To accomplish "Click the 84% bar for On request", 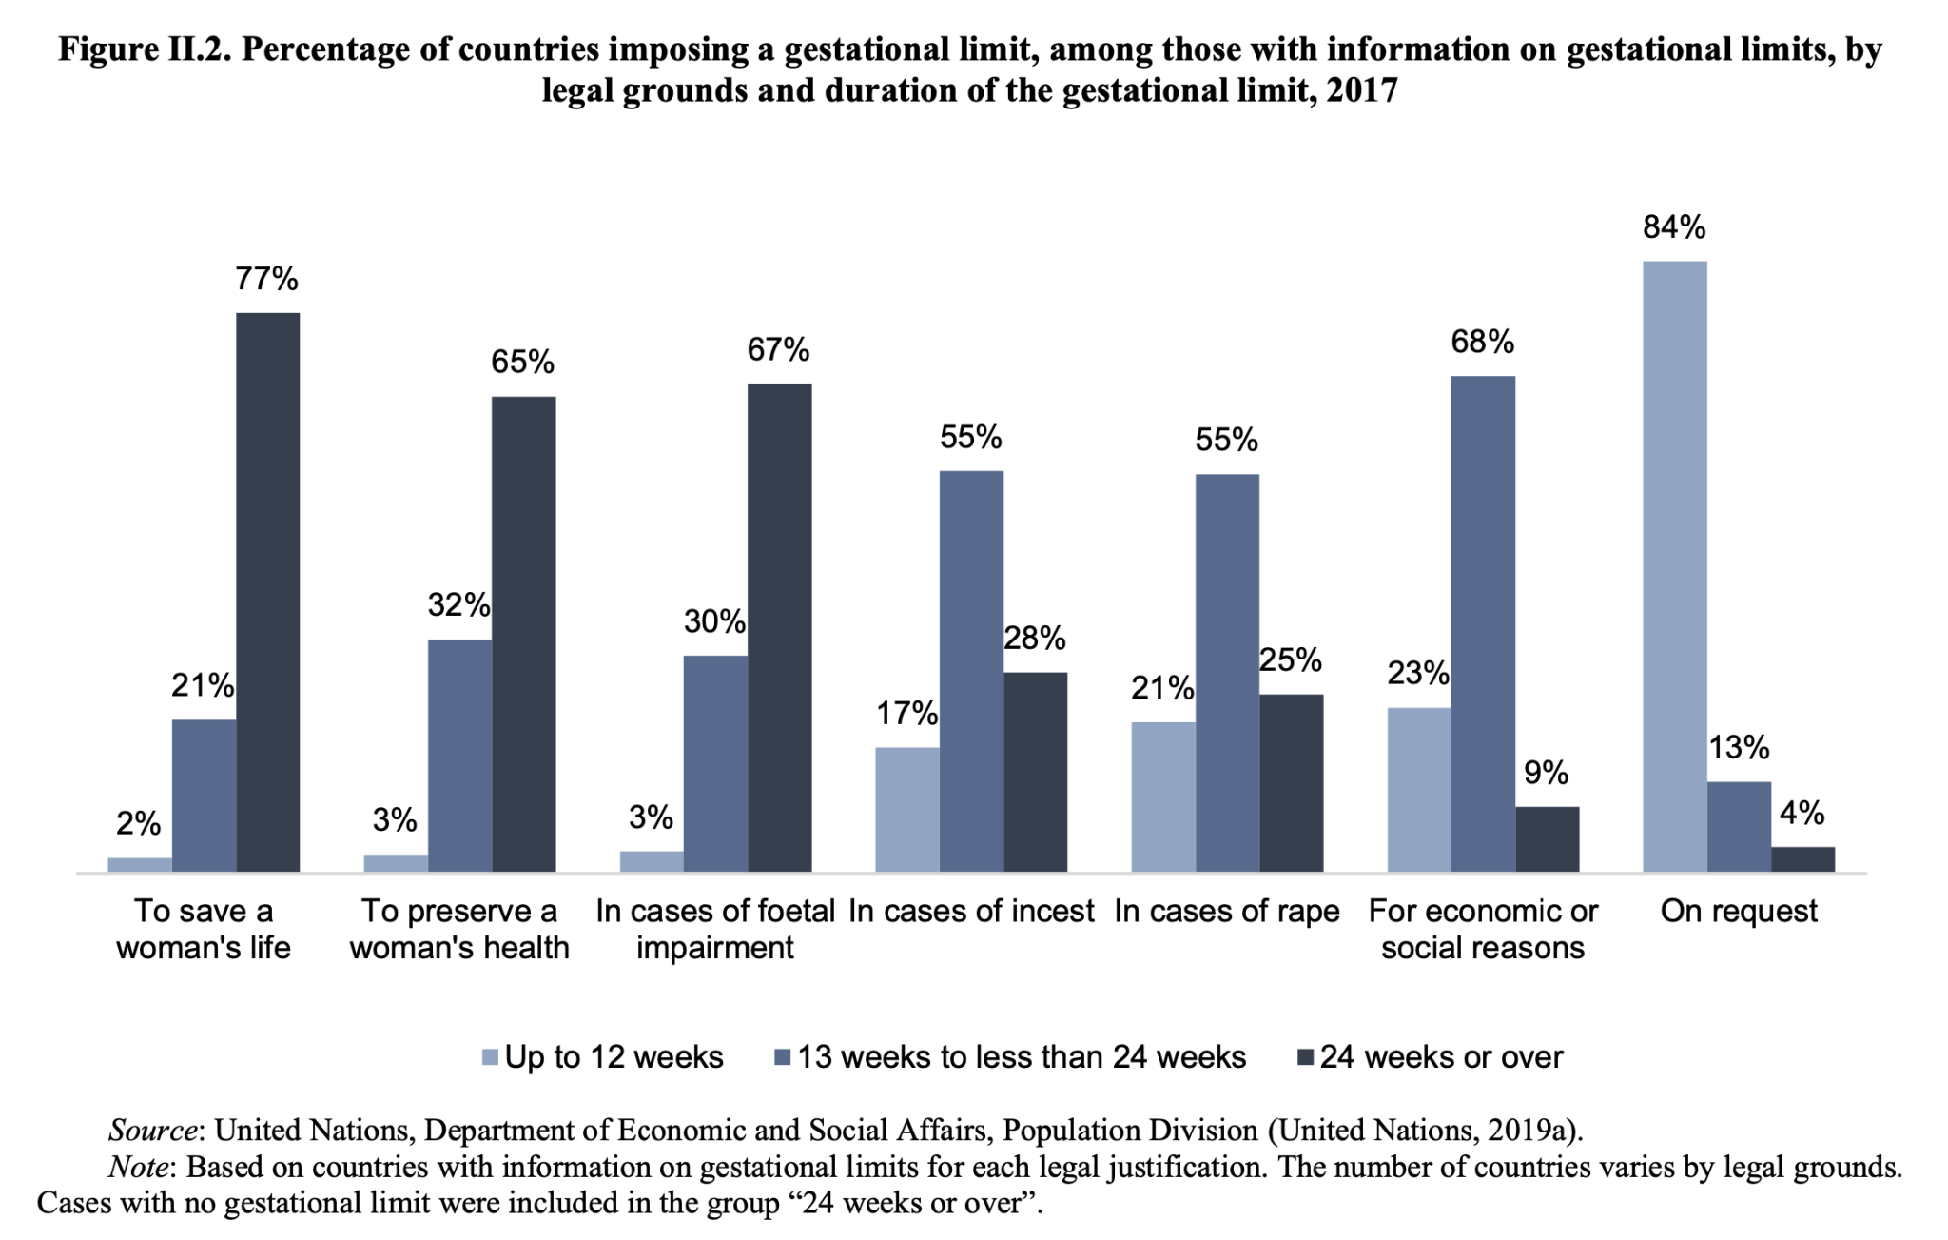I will [1674, 566].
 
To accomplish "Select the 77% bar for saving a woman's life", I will [267, 592].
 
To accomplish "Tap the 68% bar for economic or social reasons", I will [1482, 623].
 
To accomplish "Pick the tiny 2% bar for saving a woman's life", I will [139, 864].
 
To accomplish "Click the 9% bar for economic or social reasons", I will [1547, 838].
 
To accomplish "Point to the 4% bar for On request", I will [1802, 858].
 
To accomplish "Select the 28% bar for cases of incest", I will [1035, 772].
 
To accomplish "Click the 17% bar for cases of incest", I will [906, 809].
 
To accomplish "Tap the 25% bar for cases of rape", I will [1291, 782].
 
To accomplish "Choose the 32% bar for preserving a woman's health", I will [459, 756].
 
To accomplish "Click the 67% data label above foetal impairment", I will [778, 350].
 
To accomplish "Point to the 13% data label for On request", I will [1739, 748].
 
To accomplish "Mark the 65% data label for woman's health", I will [522, 362].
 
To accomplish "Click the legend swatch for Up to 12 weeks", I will [491, 1057].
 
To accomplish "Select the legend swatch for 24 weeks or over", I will [1306, 1057].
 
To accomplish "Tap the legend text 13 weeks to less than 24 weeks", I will [1022, 1057].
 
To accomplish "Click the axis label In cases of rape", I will [1226, 912].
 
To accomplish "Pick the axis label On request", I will [1738, 912].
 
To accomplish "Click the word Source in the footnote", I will [153, 1131].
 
